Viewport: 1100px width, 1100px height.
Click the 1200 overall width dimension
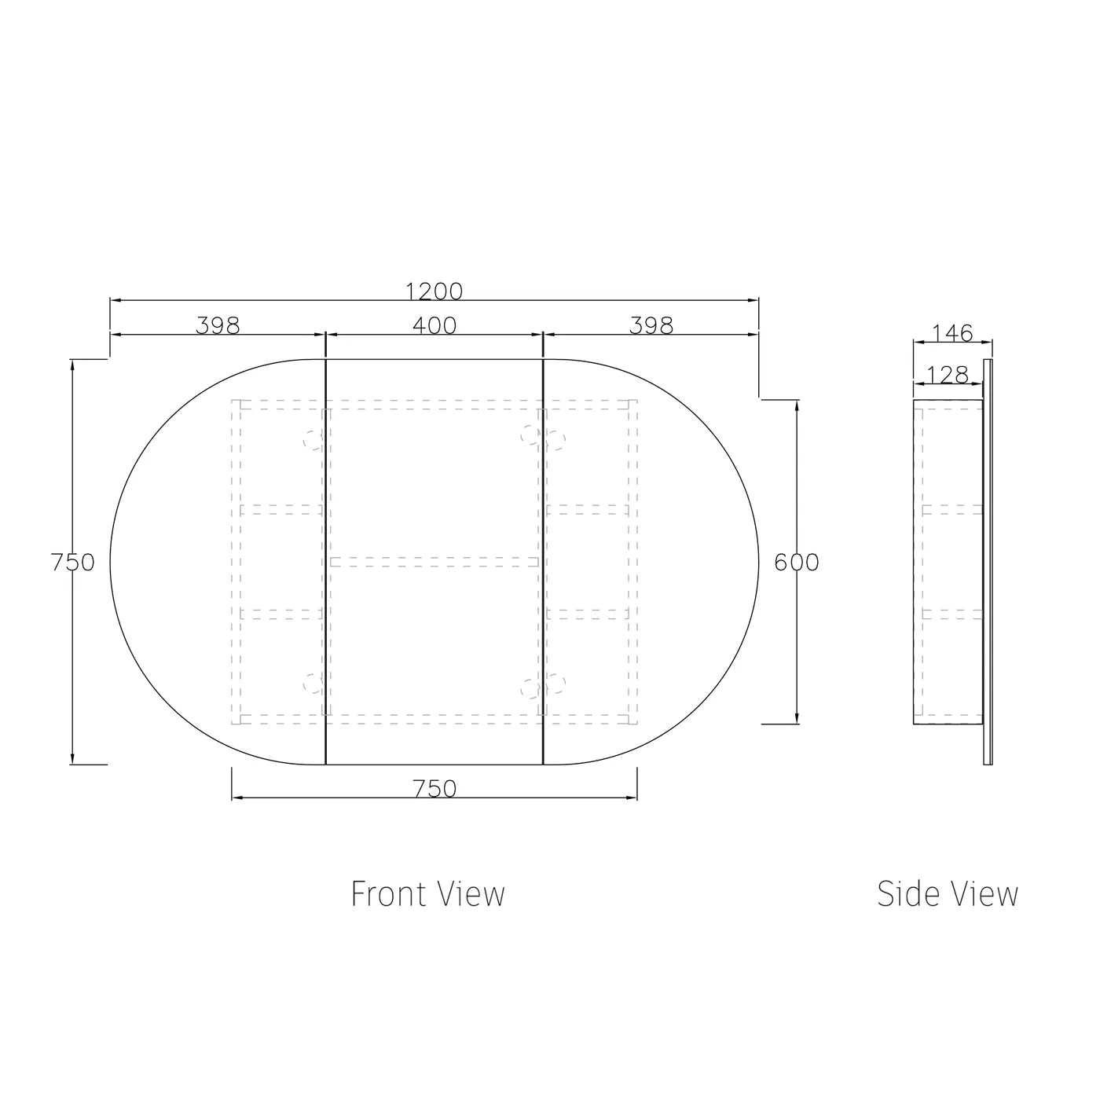click(x=434, y=291)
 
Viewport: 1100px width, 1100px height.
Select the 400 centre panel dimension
click(x=434, y=326)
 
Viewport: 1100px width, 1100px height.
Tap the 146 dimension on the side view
click(x=952, y=333)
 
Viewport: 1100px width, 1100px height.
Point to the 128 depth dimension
click(x=948, y=375)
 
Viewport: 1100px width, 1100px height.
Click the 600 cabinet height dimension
click(x=796, y=563)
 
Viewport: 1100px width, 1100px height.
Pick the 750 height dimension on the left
click(x=72, y=563)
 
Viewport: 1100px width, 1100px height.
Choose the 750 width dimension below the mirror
click(x=434, y=789)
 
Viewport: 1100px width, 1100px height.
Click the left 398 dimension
click(x=218, y=326)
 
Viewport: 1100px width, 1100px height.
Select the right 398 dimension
click(x=651, y=326)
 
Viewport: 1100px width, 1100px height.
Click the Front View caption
click(x=428, y=894)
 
